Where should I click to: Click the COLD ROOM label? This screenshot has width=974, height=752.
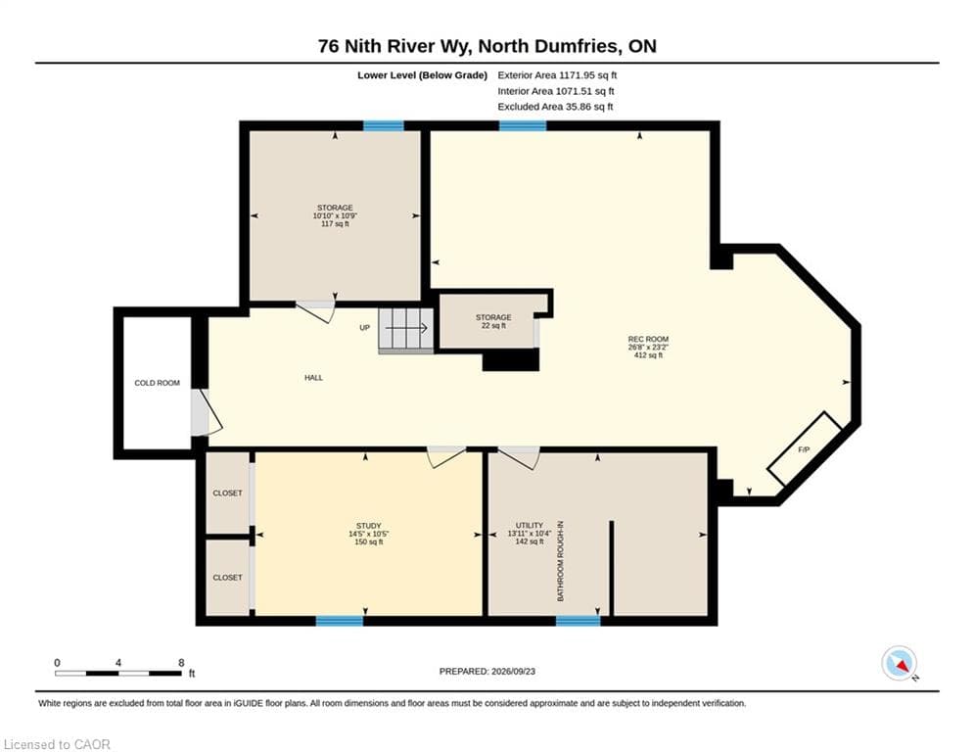(158, 383)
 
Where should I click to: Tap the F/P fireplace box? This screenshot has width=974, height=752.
(805, 448)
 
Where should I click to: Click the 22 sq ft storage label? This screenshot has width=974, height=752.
(493, 321)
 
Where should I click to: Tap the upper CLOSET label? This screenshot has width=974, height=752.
(227, 493)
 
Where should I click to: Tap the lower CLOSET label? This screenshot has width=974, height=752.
(227, 578)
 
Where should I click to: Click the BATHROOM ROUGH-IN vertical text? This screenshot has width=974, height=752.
(560, 561)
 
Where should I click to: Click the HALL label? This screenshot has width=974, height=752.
(313, 377)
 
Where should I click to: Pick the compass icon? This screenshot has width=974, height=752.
(899, 663)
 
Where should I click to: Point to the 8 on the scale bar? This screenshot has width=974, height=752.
(181, 663)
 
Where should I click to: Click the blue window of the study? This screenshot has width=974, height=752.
(339, 620)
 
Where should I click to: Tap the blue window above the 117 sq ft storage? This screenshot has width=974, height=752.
(384, 126)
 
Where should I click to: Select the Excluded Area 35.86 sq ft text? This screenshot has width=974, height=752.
(555, 107)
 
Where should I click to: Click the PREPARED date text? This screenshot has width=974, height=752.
(487, 671)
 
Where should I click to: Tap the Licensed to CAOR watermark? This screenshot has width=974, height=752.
(57, 744)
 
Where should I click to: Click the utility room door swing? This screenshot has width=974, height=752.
(520, 457)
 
